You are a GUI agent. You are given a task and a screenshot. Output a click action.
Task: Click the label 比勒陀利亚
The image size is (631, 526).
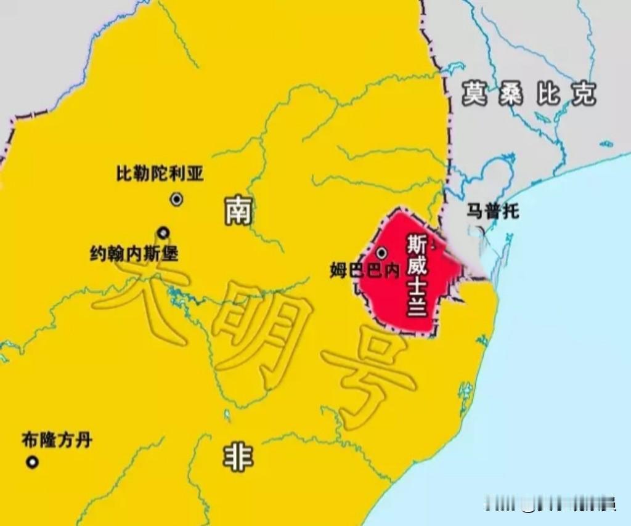tap(160, 174)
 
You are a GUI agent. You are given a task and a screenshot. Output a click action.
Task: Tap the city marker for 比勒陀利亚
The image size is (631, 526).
tap(177, 199)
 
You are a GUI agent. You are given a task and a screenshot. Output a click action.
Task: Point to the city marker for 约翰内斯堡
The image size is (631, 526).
tap(163, 232)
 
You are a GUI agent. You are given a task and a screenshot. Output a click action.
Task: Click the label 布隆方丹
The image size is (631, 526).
tap(57, 440)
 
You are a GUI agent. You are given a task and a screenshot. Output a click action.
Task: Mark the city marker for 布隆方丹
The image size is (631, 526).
tap(31, 462)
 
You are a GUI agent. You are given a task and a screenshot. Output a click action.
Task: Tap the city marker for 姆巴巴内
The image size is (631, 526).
tap(382, 253)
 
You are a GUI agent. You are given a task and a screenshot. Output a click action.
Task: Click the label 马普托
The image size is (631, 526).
tap(492, 212)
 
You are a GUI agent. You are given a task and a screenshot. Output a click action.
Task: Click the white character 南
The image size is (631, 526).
tap(237, 212)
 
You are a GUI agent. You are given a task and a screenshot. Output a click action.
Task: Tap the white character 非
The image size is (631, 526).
tap(237, 458)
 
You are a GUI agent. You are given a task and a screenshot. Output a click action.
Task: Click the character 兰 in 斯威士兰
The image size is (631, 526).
tap(417, 306)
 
